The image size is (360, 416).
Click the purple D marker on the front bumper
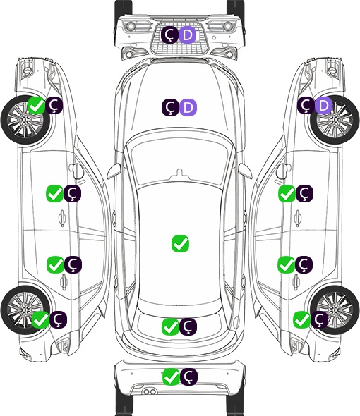point(187,35)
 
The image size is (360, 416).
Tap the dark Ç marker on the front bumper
point(170,35)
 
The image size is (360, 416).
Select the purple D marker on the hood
point(188,107)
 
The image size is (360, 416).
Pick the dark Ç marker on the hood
point(170,107)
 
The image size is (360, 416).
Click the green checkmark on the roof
point(181,243)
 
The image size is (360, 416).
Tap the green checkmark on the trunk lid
point(170,326)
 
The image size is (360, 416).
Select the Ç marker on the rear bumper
point(188,377)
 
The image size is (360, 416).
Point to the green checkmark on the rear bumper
point(171,377)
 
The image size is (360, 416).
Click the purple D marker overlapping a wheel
point(323,105)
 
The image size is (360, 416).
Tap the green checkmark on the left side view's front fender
point(37,105)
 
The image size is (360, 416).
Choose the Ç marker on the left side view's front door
point(72,193)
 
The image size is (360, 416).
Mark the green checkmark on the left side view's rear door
point(55,264)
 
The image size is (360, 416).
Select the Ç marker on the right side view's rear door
point(304,264)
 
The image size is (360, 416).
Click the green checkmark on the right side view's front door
point(287,193)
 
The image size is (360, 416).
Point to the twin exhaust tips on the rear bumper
point(150,392)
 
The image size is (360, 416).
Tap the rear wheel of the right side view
point(335,310)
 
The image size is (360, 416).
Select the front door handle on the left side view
point(62,219)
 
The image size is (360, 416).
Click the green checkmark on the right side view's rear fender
point(302,319)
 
